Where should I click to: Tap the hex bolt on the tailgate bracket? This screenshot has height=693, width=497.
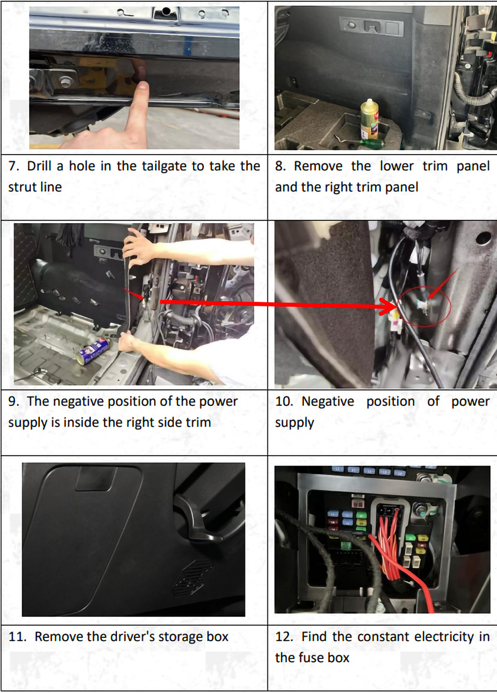(65, 82)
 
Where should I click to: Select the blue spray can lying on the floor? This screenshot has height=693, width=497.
(93, 350)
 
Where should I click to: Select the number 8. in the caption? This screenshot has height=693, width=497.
(280, 166)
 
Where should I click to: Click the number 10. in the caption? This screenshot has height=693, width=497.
(284, 401)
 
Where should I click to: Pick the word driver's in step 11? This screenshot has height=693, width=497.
(129, 637)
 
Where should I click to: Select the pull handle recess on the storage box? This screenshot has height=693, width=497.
(95, 478)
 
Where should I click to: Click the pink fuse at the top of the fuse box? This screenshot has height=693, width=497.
(358, 501)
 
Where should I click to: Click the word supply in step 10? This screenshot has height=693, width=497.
(295, 423)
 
